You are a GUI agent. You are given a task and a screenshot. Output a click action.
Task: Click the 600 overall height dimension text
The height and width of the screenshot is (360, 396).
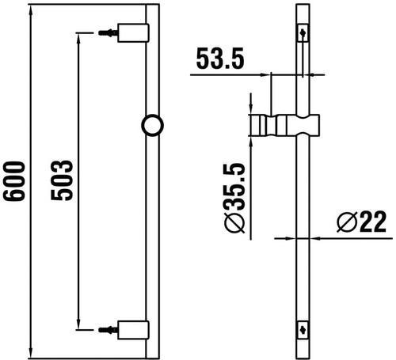[x=14, y=181]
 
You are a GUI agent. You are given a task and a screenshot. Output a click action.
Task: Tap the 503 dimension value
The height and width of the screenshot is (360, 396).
[x=62, y=180]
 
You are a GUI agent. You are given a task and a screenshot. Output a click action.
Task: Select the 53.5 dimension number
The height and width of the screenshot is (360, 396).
[x=220, y=59]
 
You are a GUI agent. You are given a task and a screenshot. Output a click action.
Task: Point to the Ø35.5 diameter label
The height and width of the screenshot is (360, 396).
[x=234, y=199]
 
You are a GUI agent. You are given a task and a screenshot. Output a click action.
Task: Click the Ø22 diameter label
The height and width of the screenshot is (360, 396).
[x=362, y=222]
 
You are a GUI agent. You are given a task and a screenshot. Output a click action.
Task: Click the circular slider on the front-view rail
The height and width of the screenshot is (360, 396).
[x=153, y=125]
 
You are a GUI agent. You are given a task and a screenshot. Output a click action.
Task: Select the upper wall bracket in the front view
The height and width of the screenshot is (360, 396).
[x=133, y=33]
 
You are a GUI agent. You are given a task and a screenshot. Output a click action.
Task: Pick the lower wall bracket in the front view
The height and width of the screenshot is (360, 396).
[x=133, y=330]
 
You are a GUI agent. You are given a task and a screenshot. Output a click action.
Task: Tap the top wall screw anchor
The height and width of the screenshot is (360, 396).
[x=108, y=33]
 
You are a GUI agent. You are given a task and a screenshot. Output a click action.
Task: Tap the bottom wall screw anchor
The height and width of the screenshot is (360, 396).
[x=108, y=330]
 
